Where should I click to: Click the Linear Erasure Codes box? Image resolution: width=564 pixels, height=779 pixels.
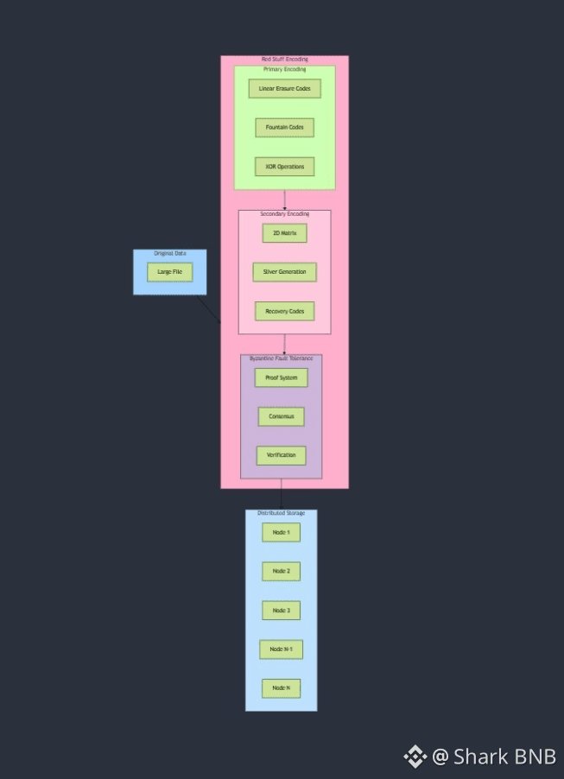click(284, 88)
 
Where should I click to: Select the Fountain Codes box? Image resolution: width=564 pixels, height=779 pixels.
click(284, 128)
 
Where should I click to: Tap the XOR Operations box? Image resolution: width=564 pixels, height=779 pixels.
click(284, 167)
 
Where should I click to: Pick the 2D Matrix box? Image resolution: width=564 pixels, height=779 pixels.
click(284, 233)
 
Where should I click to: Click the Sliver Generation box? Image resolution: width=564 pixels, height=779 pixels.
click(284, 272)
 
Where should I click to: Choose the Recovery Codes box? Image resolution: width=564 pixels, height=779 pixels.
click(284, 311)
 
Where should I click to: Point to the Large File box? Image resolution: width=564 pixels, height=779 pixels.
click(169, 272)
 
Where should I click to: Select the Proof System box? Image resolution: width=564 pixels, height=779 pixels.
click(281, 377)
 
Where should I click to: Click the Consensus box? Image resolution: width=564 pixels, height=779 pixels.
click(281, 416)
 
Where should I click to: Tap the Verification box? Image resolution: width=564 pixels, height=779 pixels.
click(281, 455)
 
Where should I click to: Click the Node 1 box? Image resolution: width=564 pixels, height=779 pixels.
click(281, 532)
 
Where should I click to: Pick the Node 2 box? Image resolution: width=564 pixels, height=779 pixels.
click(281, 571)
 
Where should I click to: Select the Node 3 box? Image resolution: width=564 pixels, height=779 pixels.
click(281, 611)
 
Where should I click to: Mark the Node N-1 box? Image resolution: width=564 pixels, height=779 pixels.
click(281, 649)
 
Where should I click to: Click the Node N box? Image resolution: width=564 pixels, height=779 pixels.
click(281, 688)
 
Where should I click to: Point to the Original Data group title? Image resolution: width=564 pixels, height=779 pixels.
click(169, 254)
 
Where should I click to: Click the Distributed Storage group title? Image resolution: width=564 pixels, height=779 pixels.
click(281, 514)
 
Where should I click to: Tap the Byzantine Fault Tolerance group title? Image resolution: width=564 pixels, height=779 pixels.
click(281, 358)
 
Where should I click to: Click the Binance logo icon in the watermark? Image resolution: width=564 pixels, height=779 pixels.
click(415, 757)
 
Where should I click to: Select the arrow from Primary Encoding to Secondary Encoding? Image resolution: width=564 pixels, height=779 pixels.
click(284, 199)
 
